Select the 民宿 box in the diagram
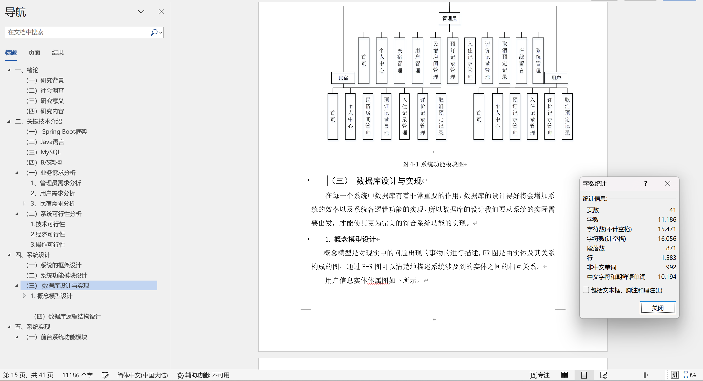click(343, 78)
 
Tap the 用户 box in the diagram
click(556, 78)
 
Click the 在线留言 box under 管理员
click(521, 60)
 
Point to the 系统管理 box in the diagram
click(538, 60)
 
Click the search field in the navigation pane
click(78, 33)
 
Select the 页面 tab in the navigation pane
click(34, 53)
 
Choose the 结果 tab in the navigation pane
click(58, 53)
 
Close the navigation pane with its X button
click(161, 11)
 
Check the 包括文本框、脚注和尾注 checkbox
click(586, 290)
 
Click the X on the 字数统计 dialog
click(668, 184)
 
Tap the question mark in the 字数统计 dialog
click(645, 184)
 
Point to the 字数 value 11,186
click(667, 220)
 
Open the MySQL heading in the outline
click(51, 152)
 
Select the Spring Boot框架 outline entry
click(64, 132)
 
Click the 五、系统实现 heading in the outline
click(33, 327)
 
